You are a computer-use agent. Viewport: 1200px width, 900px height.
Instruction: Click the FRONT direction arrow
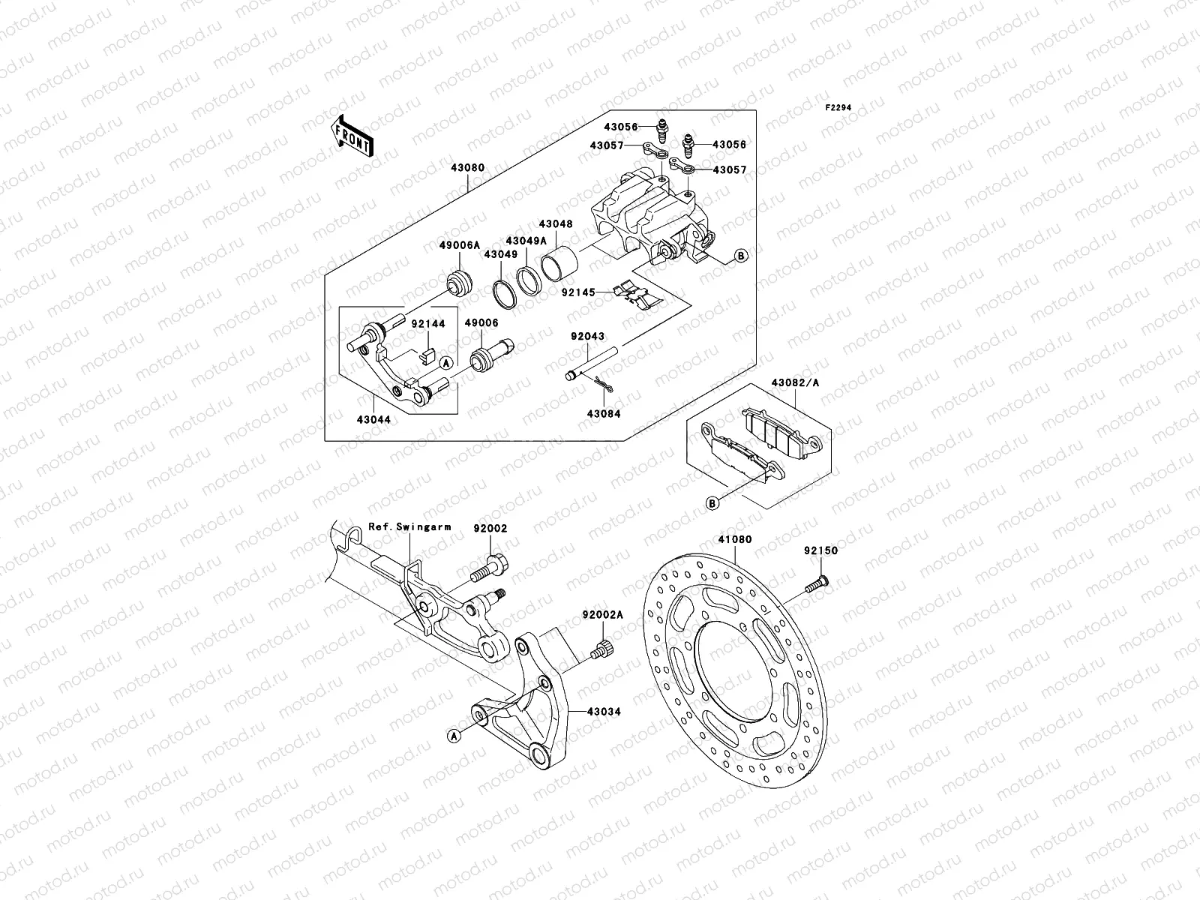(355, 136)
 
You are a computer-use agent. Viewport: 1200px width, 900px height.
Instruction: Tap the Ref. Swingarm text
(409, 527)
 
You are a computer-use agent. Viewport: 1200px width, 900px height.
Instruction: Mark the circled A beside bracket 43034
(454, 736)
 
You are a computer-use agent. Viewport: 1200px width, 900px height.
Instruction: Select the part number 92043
(586, 337)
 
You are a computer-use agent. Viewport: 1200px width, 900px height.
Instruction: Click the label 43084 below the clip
(604, 413)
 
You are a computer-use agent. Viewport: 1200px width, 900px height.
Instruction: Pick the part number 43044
(373, 419)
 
